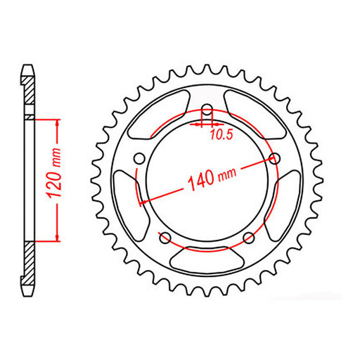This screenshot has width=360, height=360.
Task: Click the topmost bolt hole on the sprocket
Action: (207, 110)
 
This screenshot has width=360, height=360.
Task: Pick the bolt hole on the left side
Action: (139, 158)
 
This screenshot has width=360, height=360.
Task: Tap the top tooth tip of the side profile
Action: (28, 67)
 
